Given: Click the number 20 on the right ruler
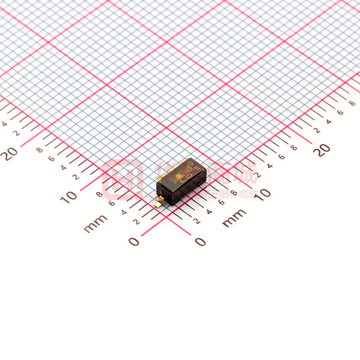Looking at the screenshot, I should tap(323, 149).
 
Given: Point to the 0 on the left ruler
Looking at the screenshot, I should tap(133, 241).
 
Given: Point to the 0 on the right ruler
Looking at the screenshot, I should tap(200, 242).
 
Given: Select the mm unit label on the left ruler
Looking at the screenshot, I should tap(95, 223).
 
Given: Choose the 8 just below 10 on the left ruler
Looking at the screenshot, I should tap(100, 194).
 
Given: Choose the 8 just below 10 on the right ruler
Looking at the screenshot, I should tap(234, 192).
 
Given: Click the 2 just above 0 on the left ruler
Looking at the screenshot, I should tap(136, 222).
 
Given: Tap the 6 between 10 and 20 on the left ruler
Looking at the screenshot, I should tap(51, 158).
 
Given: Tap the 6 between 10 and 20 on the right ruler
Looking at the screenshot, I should tap(281, 157).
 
